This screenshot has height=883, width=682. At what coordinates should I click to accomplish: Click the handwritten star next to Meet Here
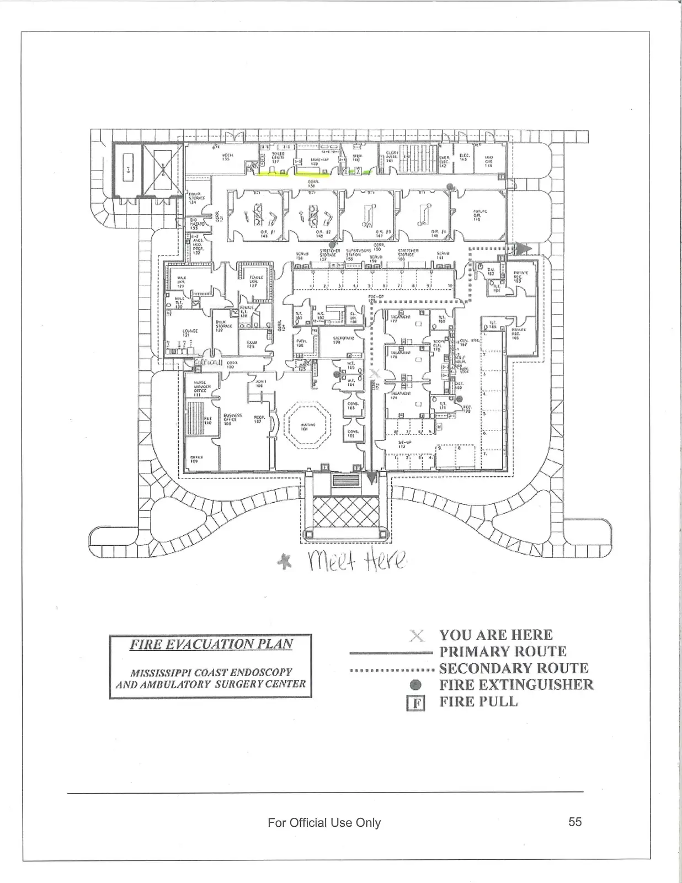285,562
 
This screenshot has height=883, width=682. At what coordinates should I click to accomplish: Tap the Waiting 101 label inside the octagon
308,425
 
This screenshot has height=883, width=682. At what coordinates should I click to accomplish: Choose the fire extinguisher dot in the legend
417,685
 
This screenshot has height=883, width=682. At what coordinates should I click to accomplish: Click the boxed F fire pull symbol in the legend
417,703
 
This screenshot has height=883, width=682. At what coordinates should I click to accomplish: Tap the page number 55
575,822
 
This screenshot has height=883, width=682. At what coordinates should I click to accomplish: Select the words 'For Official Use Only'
324,823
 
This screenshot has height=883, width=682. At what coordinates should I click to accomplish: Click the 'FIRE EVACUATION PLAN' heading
211,645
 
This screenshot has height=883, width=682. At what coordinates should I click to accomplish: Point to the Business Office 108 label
231,418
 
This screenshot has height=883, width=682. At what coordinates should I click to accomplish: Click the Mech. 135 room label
226,157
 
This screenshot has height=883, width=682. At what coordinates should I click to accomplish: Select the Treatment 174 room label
401,395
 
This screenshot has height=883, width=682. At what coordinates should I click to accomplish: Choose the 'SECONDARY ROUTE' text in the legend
514,668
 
